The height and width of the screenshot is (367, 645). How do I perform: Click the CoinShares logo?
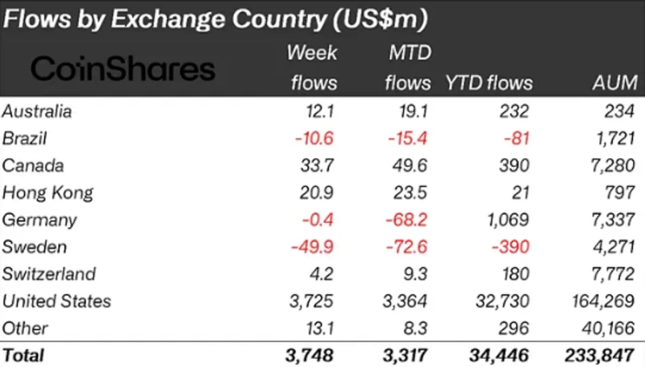pos(123,69)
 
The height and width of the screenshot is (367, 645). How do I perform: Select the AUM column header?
pos(614,82)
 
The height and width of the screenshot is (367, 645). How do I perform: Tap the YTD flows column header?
pos(489,82)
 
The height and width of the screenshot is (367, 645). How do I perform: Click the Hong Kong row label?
pos(48,192)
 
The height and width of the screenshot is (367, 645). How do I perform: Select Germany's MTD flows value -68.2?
pos(408,219)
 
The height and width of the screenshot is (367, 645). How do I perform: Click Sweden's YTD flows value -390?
pos(512,247)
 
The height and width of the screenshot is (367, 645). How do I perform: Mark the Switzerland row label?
pos(49,274)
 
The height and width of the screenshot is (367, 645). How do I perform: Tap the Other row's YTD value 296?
pos(516,328)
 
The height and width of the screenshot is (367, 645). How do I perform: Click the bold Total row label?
pos(24,354)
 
